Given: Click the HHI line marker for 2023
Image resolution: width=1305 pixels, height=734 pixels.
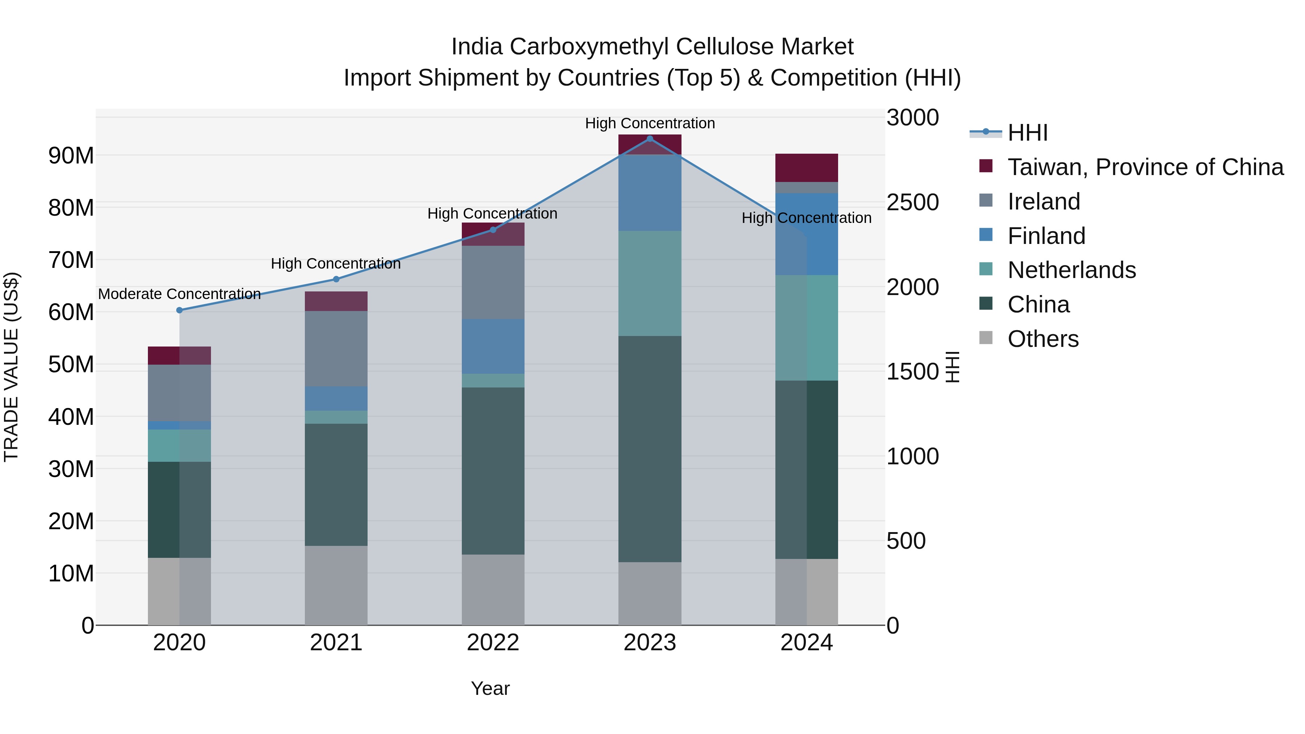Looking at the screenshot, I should pyautogui.click(x=650, y=139).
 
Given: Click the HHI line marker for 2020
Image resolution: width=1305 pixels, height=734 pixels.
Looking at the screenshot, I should pyautogui.click(x=179, y=310).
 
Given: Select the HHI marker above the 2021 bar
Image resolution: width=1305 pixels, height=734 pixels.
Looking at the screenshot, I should pyautogui.click(x=336, y=279).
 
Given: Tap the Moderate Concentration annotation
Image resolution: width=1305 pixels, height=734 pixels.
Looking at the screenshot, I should pyautogui.click(x=179, y=294).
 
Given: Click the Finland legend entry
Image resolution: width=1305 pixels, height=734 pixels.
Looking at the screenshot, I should pyautogui.click(x=1046, y=236).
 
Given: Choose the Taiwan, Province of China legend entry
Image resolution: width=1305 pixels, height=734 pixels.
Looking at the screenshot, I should pyautogui.click(x=1145, y=167).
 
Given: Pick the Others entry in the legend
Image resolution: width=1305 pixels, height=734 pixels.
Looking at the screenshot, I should pyautogui.click(x=1043, y=339).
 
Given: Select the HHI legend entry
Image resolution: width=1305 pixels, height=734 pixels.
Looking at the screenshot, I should pyautogui.click(x=1027, y=133).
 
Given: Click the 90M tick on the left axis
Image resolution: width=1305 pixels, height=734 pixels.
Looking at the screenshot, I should pyautogui.click(x=71, y=155).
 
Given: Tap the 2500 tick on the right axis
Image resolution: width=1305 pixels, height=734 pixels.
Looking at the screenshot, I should pyautogui.click(x=912, y=202).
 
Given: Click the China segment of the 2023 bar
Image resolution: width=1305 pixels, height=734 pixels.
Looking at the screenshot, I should pyautogui.click(x=650, y=448).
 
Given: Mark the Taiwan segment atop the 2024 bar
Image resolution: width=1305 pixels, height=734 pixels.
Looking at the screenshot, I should pyautogui.click(x=807, y=168).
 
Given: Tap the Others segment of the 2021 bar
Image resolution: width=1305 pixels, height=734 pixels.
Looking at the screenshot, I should pyautogui.click(x=336, y=585).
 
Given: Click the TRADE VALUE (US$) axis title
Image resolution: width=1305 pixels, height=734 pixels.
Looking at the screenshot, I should pyautogui.click(x=11, y=367).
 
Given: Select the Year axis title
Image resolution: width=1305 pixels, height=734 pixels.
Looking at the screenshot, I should pyautogui.click(x=490, y=688).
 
